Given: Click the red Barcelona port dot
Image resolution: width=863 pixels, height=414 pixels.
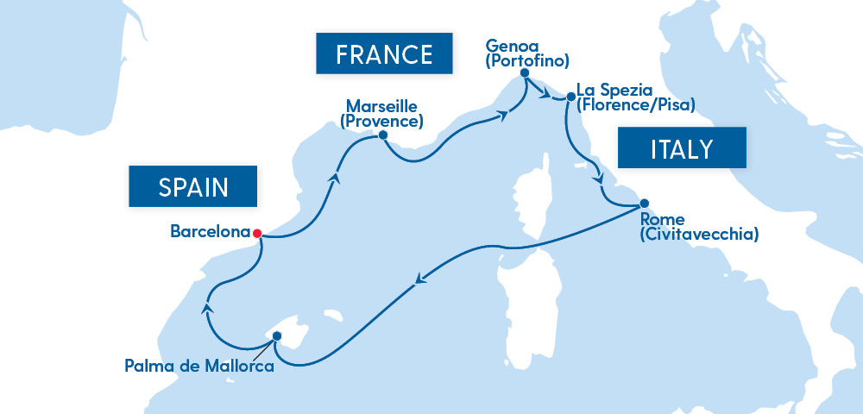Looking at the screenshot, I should tap(256, 232).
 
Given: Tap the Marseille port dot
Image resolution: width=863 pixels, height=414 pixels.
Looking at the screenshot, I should tap(383, 135).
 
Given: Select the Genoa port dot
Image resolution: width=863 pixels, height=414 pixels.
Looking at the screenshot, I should tap(524, 76).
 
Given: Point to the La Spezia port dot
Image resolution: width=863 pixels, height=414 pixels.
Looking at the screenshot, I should tap(570, 97).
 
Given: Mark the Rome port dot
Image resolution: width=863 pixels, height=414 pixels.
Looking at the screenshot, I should tap(643, 204).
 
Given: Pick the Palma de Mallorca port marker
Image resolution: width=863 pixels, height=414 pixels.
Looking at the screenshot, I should tap(276, 336).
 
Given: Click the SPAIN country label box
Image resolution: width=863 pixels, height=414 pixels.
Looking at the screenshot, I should tap(193, 186).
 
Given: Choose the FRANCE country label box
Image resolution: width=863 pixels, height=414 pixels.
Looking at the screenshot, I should tap(384, 54).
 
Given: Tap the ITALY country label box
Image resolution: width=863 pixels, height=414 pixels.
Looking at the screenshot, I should tap(681, 149).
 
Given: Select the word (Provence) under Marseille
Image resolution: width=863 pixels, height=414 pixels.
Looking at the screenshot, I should tap(381, 121).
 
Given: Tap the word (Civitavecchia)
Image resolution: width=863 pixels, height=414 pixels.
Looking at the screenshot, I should tap(700, 234).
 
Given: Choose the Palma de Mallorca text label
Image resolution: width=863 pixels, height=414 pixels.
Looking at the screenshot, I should tap(199, 367).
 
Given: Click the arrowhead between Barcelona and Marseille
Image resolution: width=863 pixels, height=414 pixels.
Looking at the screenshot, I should tap(333, 178).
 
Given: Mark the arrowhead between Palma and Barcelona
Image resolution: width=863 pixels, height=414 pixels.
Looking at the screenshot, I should tap(205, 307).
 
